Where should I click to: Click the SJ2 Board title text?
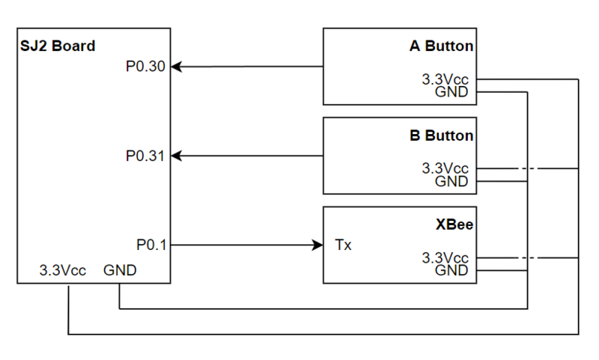click(58, 46)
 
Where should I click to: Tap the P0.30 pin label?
click(145, 67)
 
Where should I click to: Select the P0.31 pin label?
click(145, 156)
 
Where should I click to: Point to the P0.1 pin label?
click(151, 245)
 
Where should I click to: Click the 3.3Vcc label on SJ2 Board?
click(63, 270)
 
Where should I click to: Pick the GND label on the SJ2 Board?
click(120, 270)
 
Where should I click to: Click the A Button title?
click(441, 46)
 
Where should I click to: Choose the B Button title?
click(441, 135)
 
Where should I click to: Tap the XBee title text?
click(454, 225)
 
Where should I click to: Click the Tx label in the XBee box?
click(343, 245)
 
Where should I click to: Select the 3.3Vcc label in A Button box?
click(445, 79)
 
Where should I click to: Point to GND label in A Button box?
click(451, 92)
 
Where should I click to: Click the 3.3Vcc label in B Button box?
click(445, 168)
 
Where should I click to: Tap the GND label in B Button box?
click(451, 181)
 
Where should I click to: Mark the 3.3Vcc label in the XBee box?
click(445, 258)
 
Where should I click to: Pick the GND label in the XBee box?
click(451, 271)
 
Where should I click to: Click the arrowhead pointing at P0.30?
click(176, 67)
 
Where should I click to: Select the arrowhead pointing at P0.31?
click(176, 156)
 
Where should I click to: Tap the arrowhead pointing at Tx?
click(317, 245)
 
